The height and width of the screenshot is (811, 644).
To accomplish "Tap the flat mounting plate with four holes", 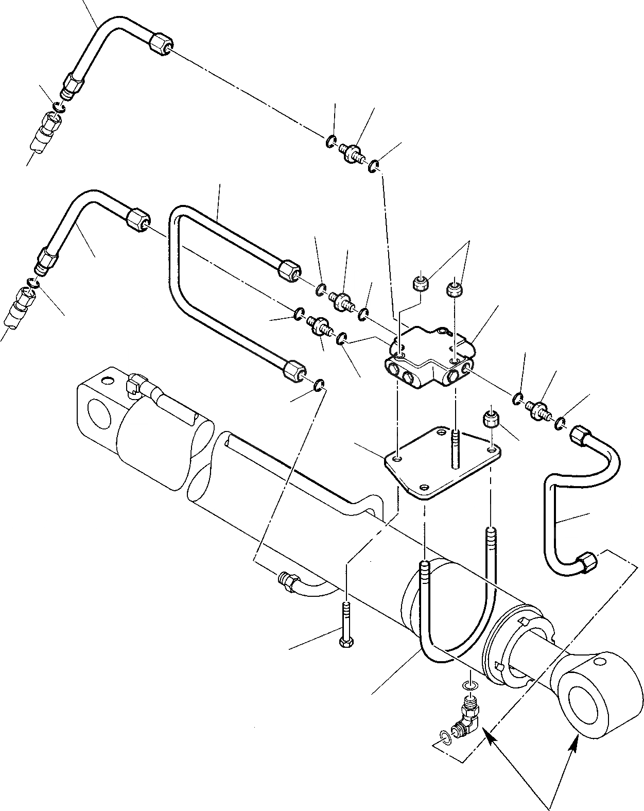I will pyautogui.click(x=443, y=463).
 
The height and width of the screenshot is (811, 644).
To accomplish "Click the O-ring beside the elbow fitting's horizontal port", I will pyautogui.click(x=445, y=739).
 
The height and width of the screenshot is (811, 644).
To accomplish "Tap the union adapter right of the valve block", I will pyautogui.click(x=538, y=409).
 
